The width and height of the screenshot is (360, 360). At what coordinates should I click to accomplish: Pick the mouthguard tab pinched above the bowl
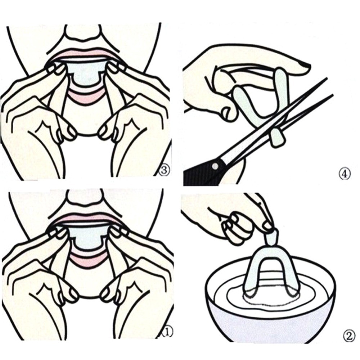coord(270,236)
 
